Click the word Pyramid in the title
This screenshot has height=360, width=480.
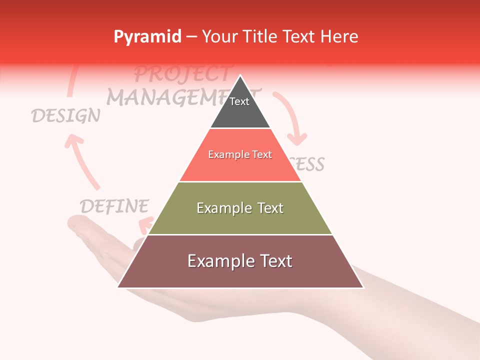(x=147, y=37)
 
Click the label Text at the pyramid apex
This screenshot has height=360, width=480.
(x=239, y=101)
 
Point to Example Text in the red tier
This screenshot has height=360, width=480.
(x=240, y=154)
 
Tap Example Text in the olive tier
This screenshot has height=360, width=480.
(x=240, y=208)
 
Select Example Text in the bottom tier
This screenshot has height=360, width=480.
(x=240, y=261)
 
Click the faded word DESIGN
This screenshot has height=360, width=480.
(x=65, y=116)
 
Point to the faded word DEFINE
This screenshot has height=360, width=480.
(x=114, y=206)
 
